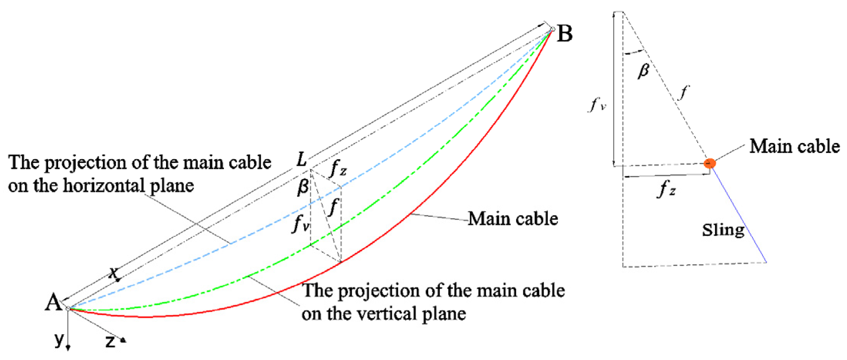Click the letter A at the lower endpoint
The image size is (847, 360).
point(53,302)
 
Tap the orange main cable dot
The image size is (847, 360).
point(709,163)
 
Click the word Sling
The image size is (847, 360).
point(723,230)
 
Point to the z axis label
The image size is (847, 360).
point(110,341)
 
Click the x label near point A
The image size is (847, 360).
point(113,273)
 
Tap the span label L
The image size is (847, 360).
point(302,160)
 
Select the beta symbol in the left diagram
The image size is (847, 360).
point(303,188)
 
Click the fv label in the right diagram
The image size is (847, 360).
point(597,104)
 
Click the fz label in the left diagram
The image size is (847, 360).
point(338,168)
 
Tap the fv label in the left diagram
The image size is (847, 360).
point(301,223)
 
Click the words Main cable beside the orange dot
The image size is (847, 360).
point(794,146)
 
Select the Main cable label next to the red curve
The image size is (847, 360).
point(513,219)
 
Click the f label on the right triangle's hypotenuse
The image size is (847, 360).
point(683,93)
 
